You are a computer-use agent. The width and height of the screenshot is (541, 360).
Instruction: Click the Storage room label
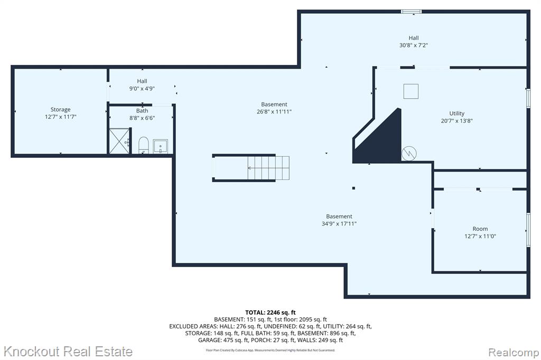pos(60,110)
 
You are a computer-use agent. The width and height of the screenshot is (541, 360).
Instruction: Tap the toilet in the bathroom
pos(143,145)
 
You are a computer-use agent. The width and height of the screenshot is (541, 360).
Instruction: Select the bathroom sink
pos(161,146)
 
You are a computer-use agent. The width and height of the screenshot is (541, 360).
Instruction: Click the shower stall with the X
pos(119,141)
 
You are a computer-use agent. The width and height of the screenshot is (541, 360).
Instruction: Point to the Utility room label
pos(457,113)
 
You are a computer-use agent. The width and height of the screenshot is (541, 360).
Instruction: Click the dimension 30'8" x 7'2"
pos(414,45)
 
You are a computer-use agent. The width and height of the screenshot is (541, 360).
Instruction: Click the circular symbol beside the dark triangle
pos(409,154)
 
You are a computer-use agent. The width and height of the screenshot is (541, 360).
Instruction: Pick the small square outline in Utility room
pos(411,91)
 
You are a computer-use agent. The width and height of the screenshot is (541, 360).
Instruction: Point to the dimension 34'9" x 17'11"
pos(339,224)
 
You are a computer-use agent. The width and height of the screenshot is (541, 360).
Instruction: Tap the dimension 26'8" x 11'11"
pos(274,112)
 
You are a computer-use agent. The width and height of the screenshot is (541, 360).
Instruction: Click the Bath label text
pos(142,111)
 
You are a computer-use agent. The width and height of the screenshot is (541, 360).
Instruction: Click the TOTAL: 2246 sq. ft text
pos(270,313)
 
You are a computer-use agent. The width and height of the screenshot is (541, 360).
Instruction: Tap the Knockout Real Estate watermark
pos(68,352)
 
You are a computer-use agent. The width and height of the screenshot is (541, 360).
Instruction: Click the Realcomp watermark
pos(514,353)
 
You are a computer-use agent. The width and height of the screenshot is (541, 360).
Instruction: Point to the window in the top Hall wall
pos(411,12)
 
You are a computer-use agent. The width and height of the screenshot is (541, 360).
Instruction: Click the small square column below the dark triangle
pos(353,188)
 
